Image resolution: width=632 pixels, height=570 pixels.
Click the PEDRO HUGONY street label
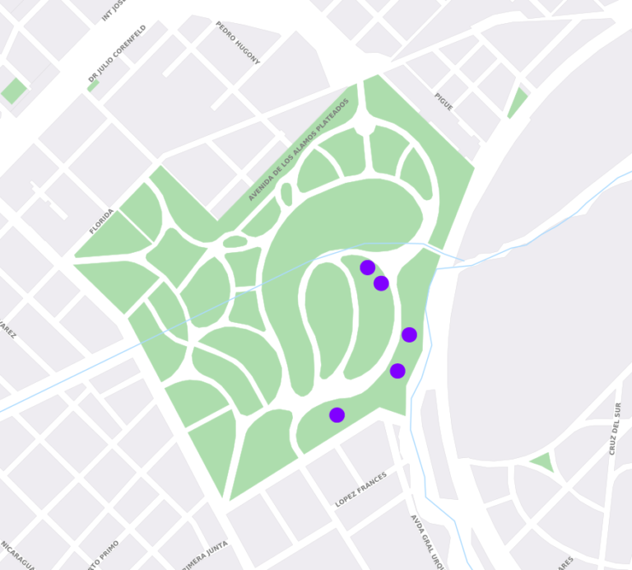click(238, 43)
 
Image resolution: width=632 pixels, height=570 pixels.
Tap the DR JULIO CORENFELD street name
click(117, 55)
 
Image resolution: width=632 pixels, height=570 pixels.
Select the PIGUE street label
click(444, 102)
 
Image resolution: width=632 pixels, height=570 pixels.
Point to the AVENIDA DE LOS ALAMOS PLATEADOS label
click(299, 150)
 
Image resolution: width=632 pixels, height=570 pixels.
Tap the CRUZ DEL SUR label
click(614, 429)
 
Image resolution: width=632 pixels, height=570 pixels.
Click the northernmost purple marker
click(368, 268)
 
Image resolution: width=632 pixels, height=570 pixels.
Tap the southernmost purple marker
click(337, 415)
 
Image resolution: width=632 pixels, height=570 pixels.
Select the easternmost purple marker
click(409, 334)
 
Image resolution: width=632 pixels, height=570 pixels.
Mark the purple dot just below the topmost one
click(381, 283)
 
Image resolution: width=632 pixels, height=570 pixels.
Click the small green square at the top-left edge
click(13, 91)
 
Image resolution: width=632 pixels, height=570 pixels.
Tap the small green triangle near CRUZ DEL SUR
click(542, 462)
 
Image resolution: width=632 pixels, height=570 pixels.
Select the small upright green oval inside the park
click(286, 194)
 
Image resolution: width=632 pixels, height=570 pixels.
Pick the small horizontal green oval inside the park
click(235, 241)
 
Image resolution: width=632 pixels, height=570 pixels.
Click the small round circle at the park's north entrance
click(365, 128)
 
